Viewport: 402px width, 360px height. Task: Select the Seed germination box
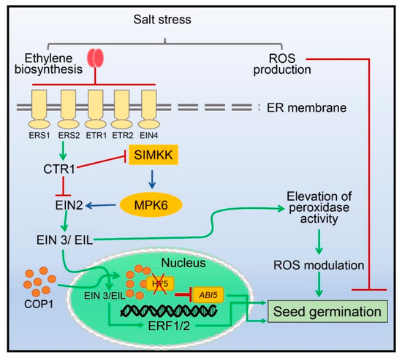pyautogui.click(x=327, y=312)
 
